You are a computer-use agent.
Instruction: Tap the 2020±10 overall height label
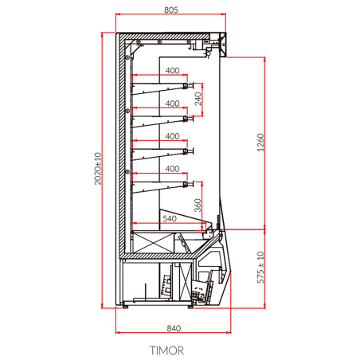tap(99, 169)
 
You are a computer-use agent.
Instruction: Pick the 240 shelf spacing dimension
tap(198, 100)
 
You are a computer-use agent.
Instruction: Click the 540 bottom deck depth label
tap(169, 217)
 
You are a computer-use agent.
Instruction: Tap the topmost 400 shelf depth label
tap(172, 71)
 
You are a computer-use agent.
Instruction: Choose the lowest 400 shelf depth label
tap(172, 169)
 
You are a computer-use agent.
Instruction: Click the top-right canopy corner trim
tap(223, 44)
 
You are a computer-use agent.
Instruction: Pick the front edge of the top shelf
tap(188, 84)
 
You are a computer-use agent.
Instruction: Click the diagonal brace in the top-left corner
tap(131, 46)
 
